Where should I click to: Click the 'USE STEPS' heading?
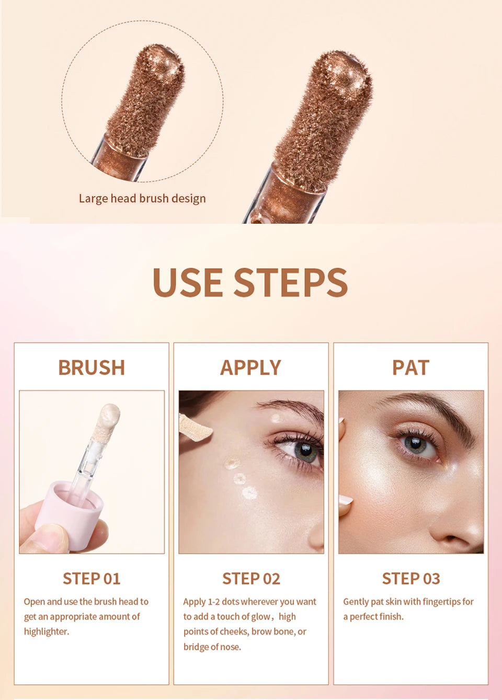click(x=250, y=282)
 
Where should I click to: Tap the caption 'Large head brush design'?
click(x=142, y=199)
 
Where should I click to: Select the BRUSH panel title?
click(x=92, y=368)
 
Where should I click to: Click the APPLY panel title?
click(x=250, y=368)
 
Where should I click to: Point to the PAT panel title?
click(x=410, y=368)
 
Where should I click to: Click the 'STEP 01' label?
click(x=92, y=579)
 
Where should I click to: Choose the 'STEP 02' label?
click(x=251, y=579)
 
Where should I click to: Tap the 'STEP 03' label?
click(x=410, y=579)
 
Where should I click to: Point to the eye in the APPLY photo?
click(x=303, y=450)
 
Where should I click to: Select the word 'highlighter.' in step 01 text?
click(x=47, y=632)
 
